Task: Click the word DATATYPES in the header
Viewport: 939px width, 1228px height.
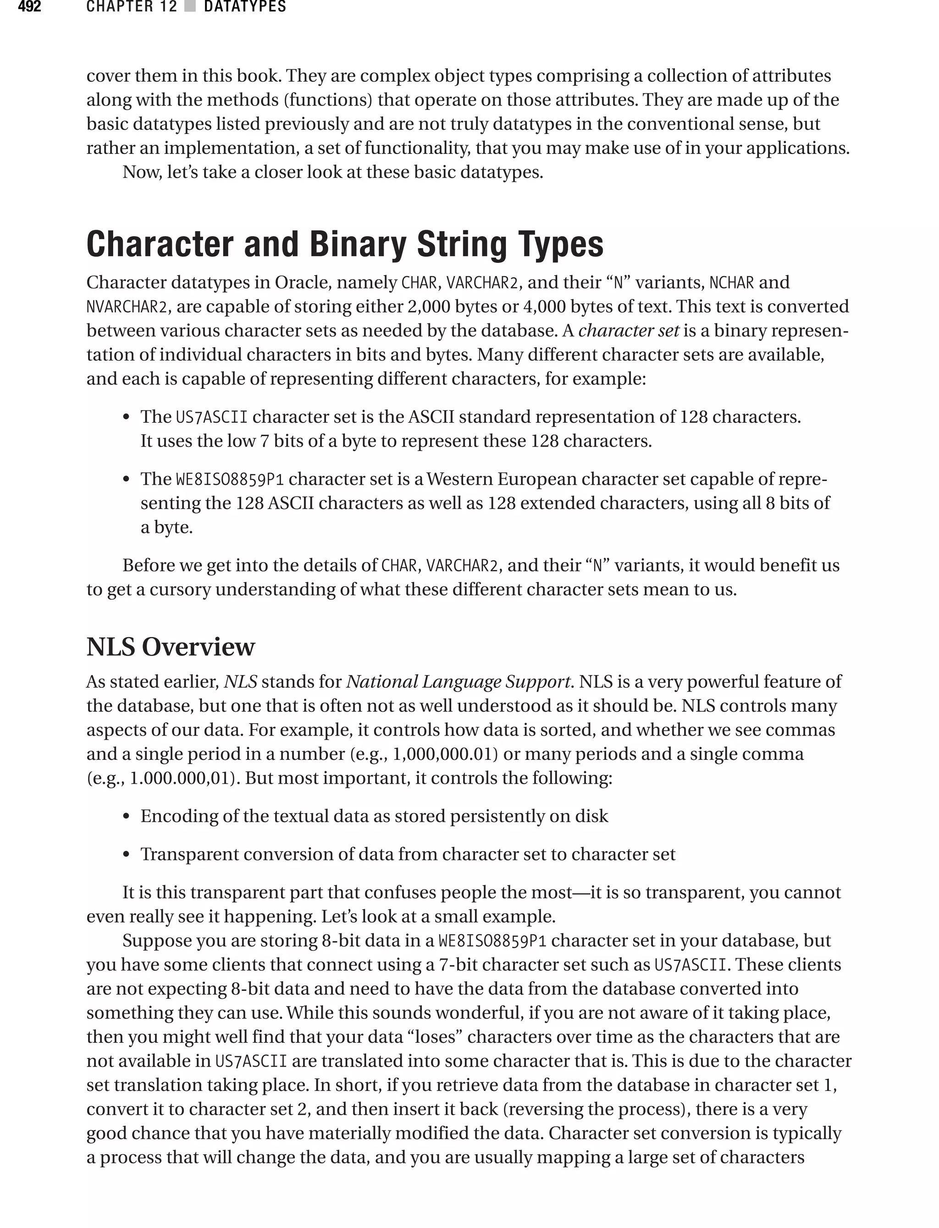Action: [x=245, y=7]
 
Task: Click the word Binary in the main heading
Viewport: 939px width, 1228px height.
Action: [x=358, y=244]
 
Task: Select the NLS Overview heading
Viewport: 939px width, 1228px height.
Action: [x=171, y=647]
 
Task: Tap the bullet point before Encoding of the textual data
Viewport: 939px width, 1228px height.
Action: [x=127, y=817]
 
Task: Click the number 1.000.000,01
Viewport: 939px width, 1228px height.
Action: [x=181, y=778]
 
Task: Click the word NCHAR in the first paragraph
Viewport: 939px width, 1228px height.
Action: [x=732, y=283]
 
